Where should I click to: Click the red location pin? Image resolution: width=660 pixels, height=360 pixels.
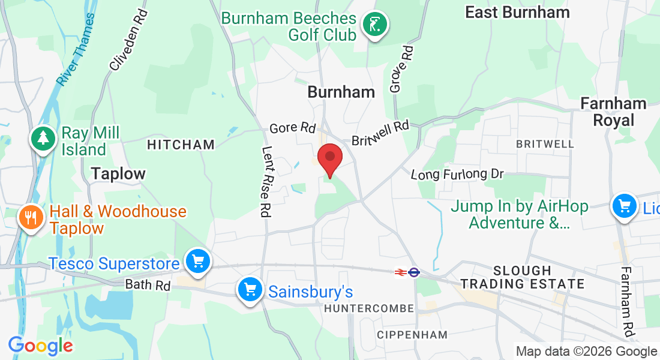coord(329,158)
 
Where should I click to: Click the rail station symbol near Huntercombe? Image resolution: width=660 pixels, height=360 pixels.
coord(406,272)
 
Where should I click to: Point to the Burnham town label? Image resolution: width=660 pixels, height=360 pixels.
coord(341,92)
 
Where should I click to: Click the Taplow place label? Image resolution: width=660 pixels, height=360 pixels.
coord(118,174)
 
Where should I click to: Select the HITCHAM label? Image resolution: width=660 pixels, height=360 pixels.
coord(181,145)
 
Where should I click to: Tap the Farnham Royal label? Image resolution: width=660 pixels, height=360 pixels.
coord(613,112)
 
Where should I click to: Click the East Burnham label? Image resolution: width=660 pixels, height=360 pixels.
coord(517,12)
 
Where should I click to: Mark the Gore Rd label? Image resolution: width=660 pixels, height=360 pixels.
coord(292,128)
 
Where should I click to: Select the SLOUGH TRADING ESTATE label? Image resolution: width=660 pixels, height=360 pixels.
coord(522,277)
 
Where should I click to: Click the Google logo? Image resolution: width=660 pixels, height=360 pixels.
coord(40,345)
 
